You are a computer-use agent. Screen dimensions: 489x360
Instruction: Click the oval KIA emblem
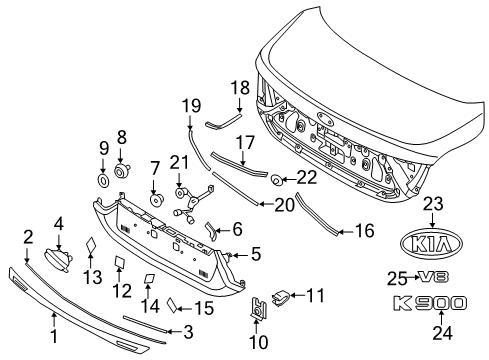(x=432, y=244)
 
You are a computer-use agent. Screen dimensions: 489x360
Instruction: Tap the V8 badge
(x=434, y=277)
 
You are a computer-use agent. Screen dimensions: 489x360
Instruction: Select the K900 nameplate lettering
(x=430, y=303)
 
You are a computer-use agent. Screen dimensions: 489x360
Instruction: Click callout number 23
(x=433, y=204)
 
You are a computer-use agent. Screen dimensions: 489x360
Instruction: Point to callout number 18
(x=240, y=88)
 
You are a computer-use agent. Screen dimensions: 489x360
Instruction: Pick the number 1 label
(x=54, y=336)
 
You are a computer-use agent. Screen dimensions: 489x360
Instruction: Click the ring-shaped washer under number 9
(x=104, y=180)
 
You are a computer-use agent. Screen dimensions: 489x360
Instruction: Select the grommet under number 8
(x=122, y=170)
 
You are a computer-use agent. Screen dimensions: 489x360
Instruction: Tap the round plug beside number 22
(x=276, y=180)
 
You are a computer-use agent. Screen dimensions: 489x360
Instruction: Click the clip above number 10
(x=258, y=307)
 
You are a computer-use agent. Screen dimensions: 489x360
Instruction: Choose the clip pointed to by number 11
(x=281, y=297)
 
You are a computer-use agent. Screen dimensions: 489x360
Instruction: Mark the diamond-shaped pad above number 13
(x=90, y=246)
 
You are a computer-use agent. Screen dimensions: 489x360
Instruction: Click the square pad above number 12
(x=120, y=261)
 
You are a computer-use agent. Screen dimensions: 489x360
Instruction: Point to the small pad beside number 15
(x=173, y=304)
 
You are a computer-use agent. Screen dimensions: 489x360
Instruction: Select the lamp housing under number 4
(x=58, y=259)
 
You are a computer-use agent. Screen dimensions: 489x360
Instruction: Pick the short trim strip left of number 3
(x=145, y=323)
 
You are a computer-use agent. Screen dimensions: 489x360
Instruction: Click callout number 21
(x=179, y=162)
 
